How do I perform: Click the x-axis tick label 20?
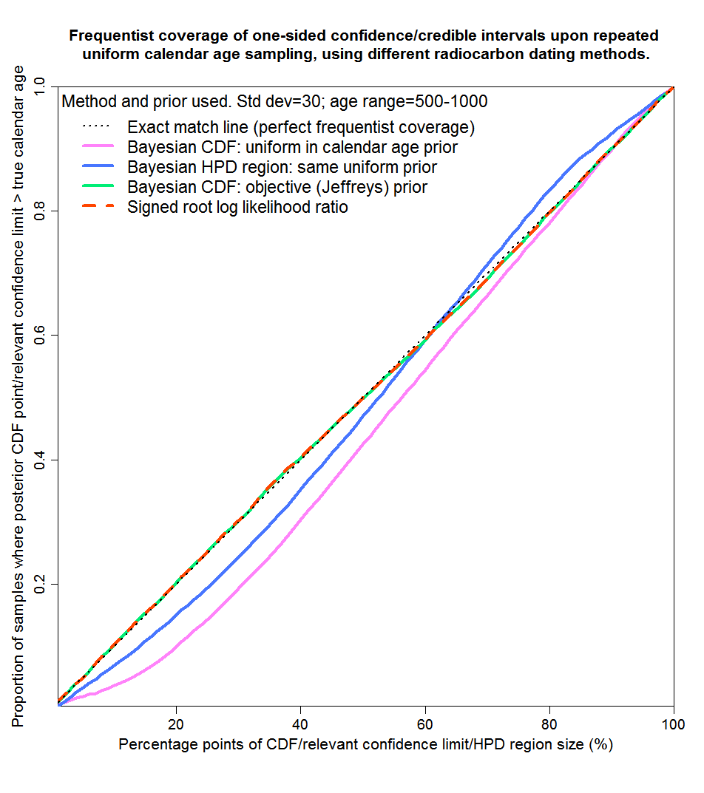click(x=176, y=722)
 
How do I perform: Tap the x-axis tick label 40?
click(x=300, y=722)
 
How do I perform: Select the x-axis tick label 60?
click(x=424, y=722)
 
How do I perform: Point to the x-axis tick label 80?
click(x=549, y=722)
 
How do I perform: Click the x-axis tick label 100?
click(x=671, y=722)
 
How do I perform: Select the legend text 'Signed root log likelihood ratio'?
click(x=237, y=207)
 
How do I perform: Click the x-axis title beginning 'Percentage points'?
click(x=365, y=744)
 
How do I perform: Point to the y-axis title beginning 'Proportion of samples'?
click(x=18, y=395)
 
